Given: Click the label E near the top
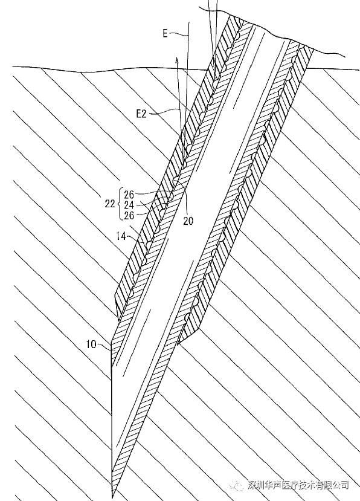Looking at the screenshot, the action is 165,33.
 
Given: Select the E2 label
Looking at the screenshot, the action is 141,114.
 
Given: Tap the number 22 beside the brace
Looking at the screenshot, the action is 109,204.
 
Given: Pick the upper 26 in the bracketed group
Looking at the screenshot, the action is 129,194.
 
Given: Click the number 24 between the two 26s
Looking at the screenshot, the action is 129,205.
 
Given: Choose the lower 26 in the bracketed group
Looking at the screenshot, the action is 129,215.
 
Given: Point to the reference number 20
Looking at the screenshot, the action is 188,221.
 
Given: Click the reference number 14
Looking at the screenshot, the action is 121,236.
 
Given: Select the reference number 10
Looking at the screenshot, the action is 91,344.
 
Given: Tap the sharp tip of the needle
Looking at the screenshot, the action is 112,497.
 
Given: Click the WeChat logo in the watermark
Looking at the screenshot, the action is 237,485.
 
